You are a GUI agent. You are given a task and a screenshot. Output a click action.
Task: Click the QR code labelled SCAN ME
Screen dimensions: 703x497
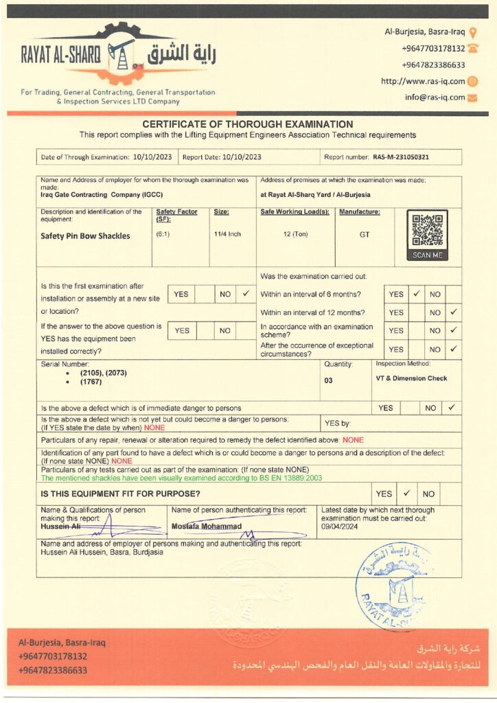[x=428, y=231]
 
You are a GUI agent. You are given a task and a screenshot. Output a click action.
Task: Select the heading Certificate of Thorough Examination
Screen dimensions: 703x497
[x=247, y=124]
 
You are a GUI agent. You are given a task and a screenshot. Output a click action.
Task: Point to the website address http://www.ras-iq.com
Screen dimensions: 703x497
[x=422, y=81]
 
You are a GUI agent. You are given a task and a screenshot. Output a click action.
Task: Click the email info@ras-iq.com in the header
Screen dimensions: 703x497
[x=435, y=97]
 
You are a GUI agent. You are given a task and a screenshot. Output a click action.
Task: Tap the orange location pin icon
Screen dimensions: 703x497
[x=473, y=32]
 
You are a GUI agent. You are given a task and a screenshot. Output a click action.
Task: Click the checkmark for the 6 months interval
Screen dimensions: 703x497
[x=416, y=294]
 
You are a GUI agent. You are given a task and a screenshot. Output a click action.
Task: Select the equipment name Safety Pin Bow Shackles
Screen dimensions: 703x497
[x=85, y=235]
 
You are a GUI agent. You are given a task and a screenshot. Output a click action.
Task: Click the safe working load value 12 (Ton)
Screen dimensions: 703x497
[x=295, y=234]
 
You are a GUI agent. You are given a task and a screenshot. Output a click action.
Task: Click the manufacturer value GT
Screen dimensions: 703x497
[x=365, y=234]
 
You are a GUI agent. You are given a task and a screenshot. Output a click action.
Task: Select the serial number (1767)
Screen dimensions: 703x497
[x=91, y=382]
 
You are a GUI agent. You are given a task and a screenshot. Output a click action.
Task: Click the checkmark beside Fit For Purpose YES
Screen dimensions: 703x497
[x=406, y=493]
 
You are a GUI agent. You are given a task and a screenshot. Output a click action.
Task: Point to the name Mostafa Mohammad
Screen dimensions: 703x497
[x=207, y=526]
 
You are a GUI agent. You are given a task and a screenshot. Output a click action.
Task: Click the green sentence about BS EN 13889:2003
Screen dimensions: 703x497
[x=181, y=478]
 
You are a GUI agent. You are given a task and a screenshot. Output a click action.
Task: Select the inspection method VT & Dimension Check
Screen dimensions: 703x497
[x=411, y=378]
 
